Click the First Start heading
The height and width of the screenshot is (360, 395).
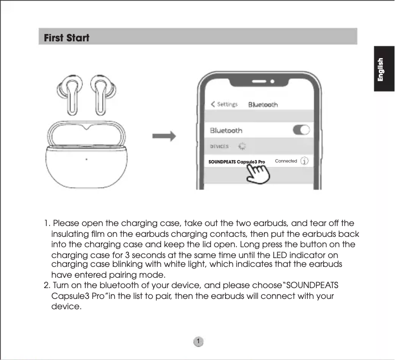click(x=67, y=37)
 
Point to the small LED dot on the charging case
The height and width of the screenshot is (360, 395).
click(x=86, y=159)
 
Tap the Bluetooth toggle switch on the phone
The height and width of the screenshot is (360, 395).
click(x=301, y=130)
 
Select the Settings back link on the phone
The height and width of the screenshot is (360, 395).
click(x=224, y=104)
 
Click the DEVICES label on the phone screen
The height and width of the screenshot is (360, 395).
click(x=219, y=146)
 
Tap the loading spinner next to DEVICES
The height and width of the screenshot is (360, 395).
click(x=242, y=146)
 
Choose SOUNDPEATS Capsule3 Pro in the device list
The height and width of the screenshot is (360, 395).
click(x=236, y=162)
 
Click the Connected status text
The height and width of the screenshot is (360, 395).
click(x=286, y=161)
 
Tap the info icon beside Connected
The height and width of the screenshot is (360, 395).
click(x=305, y=161)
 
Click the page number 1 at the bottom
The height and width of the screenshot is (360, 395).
click(x=197, y=342)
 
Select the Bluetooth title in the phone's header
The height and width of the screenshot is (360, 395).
click(x=263, y=104)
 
